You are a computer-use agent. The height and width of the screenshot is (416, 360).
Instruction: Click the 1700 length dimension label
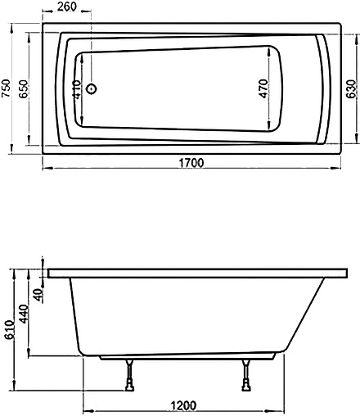click(x=191, y=162)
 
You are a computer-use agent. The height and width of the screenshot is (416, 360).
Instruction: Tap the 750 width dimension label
click(x=7, y=88)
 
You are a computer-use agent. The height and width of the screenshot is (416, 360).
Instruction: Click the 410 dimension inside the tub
click(x=76, y=88)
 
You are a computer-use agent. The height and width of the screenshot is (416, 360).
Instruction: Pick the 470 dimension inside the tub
click(x=263, y=88)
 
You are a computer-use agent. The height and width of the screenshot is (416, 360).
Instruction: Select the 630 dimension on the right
click(x=350, y=88)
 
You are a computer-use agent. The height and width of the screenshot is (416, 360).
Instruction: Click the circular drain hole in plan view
click(x=92, y=89)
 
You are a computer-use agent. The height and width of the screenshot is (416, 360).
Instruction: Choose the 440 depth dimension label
click(x=25, y=315)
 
